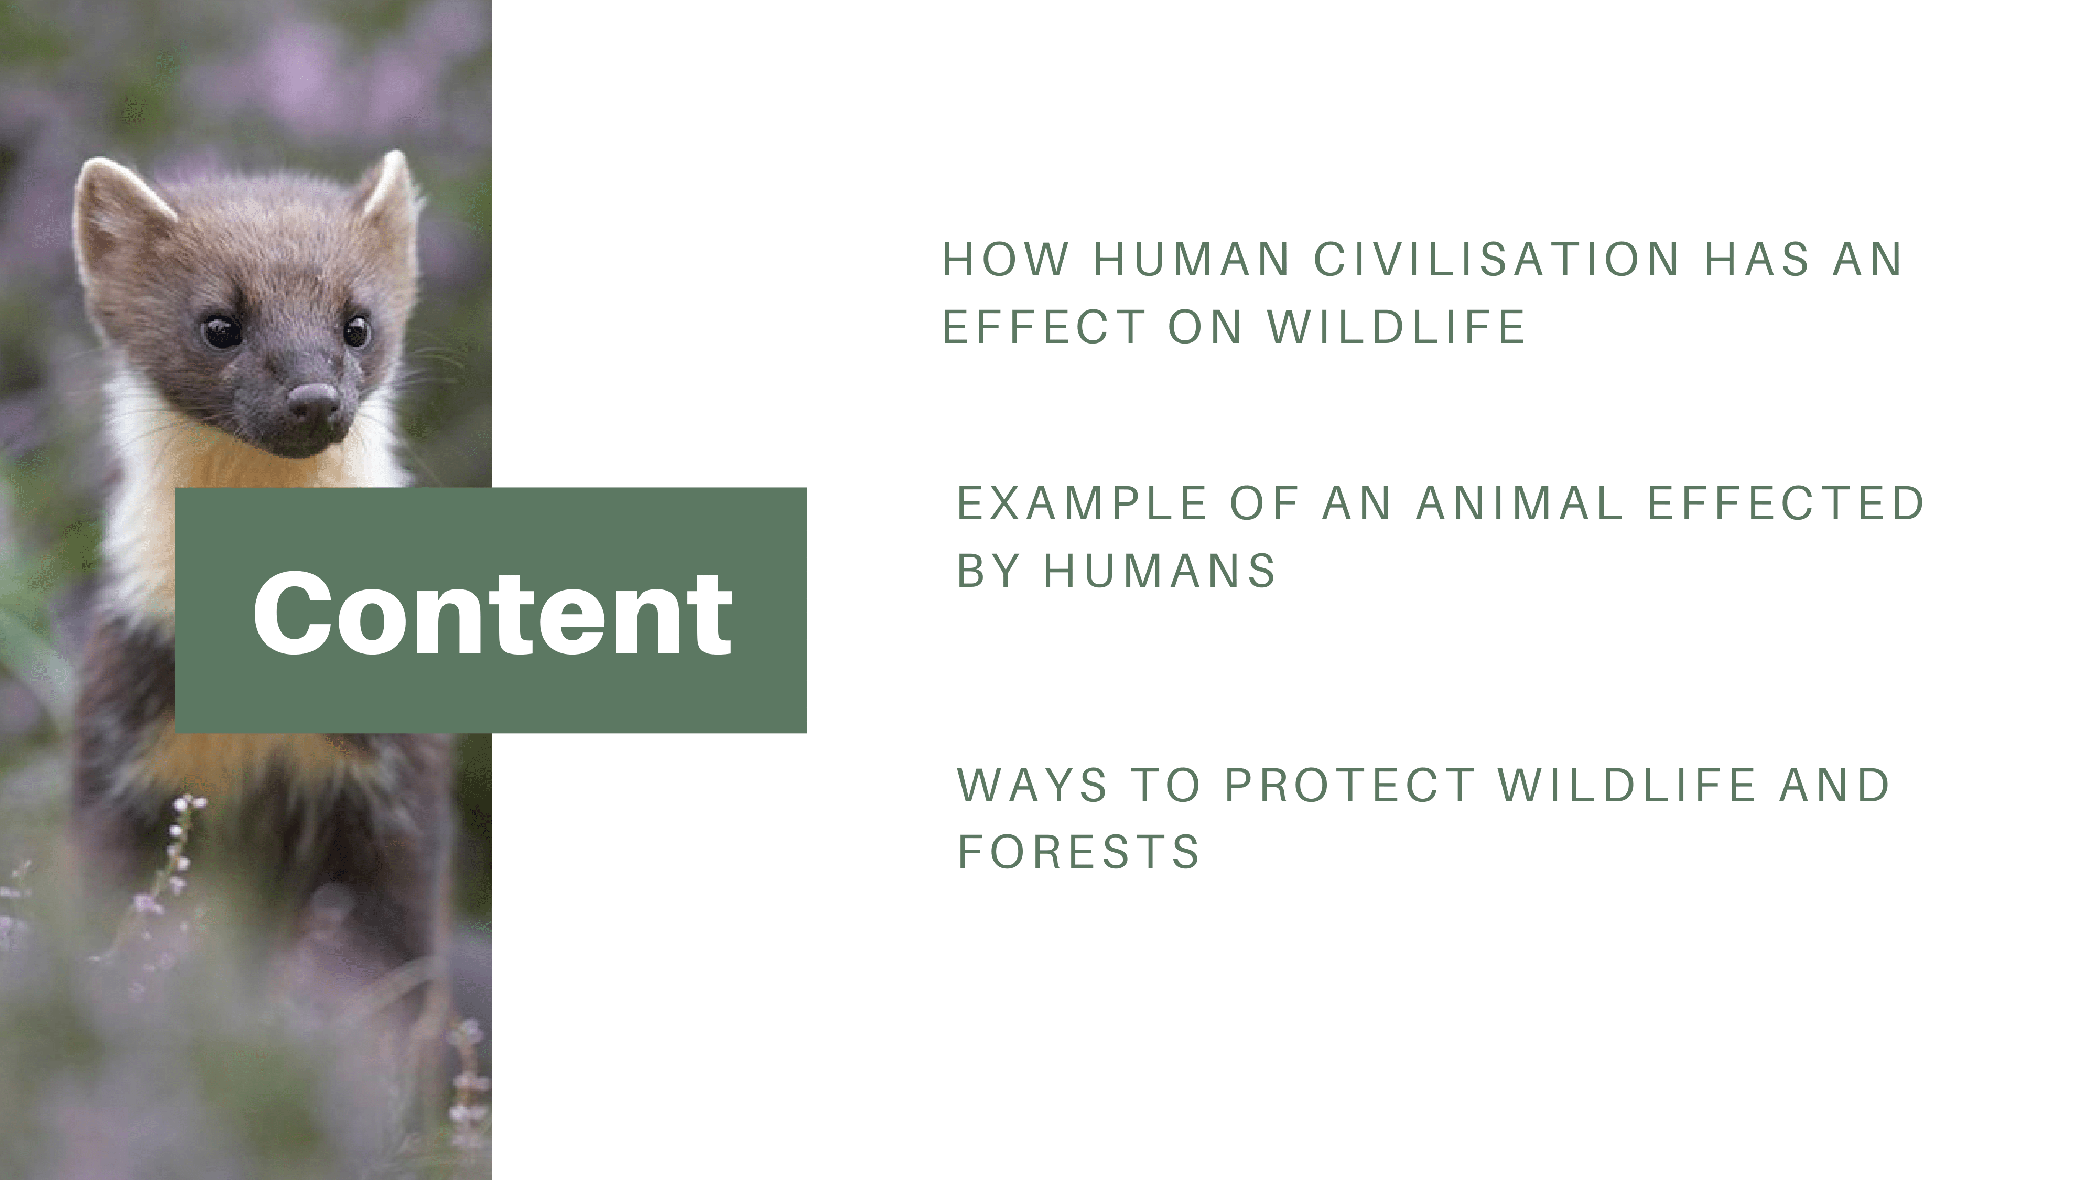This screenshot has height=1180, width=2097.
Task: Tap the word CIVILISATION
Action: [1496, 260]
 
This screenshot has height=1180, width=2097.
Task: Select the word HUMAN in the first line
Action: [1192, 260]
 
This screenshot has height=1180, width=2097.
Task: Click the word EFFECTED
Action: [1785, 503]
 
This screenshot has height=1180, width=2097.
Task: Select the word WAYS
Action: [1032, 785]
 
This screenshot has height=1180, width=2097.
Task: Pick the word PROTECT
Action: [1350, 785]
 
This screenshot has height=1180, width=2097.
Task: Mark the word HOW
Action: [1006, 260]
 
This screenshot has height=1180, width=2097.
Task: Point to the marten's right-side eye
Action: [356, 330]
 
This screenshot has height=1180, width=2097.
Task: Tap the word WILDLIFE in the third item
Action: [1627, 785]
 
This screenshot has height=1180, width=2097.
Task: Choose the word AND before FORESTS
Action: [1834, 785]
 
